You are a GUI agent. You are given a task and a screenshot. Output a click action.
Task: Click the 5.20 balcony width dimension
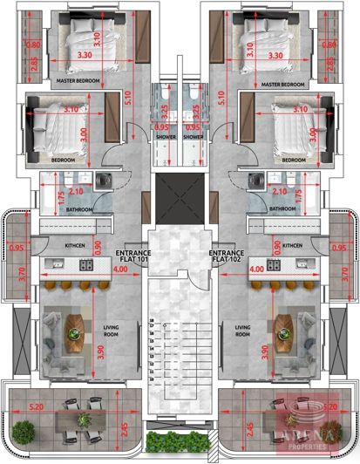[x=37, y=406]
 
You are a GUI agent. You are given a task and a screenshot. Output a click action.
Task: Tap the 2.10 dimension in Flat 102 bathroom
[x=280, y=191]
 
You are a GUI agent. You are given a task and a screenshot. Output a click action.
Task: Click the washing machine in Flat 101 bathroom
[x=105, y=181]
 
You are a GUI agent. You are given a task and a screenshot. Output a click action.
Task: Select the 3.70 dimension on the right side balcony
[x=345, y=277]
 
